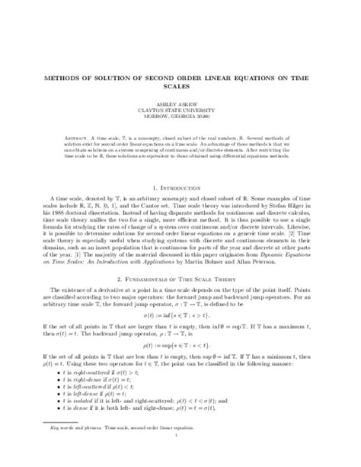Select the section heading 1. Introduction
pos(180,184)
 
